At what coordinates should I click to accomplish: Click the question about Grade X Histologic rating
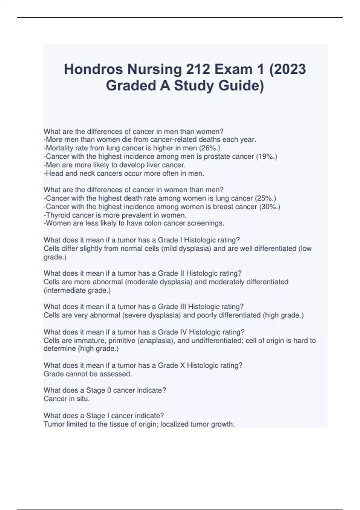(143, 365)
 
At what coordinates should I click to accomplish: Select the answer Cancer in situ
(67, 399)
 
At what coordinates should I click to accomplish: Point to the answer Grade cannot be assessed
(88, 374)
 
